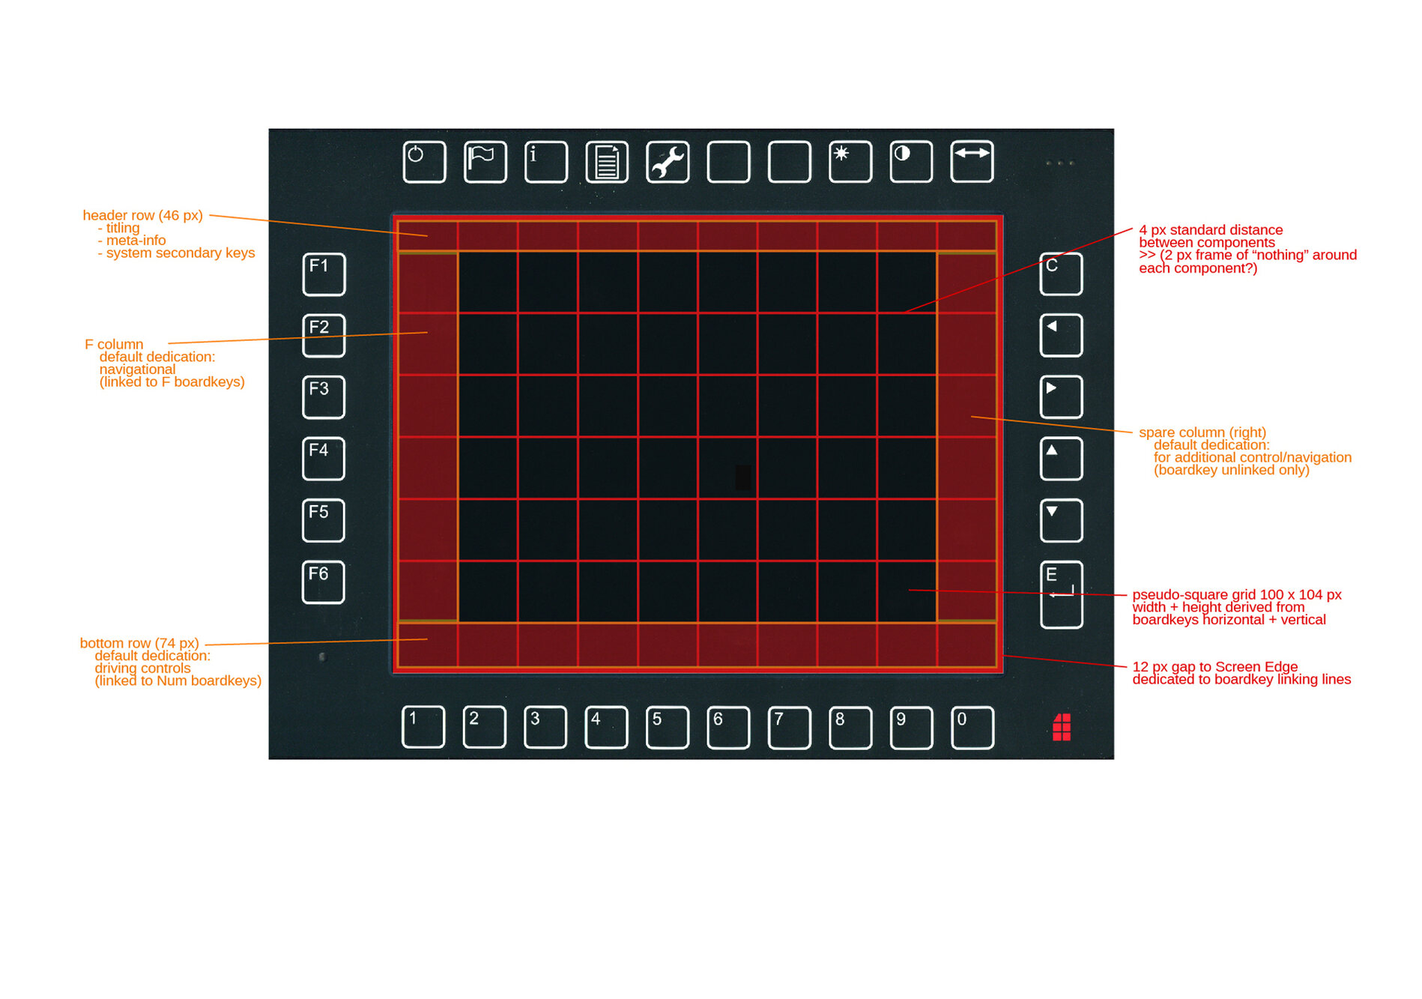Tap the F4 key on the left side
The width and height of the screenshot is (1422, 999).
324,459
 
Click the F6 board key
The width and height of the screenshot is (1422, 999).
324,582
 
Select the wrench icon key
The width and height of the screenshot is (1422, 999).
668,162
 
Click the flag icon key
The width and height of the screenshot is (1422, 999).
485,162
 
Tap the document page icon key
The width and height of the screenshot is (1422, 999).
607,162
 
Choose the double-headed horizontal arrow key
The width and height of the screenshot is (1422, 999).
972,161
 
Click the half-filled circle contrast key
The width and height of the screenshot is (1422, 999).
911,161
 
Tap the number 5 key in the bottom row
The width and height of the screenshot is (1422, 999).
668,727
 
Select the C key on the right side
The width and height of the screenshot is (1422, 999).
1061,274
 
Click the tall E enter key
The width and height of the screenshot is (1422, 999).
1061,594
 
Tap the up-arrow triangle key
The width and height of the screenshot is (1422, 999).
1061,459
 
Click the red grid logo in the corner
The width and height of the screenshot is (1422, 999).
1062,727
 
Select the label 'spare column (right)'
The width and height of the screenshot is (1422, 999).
1202,432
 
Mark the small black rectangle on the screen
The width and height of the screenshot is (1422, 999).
743,477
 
